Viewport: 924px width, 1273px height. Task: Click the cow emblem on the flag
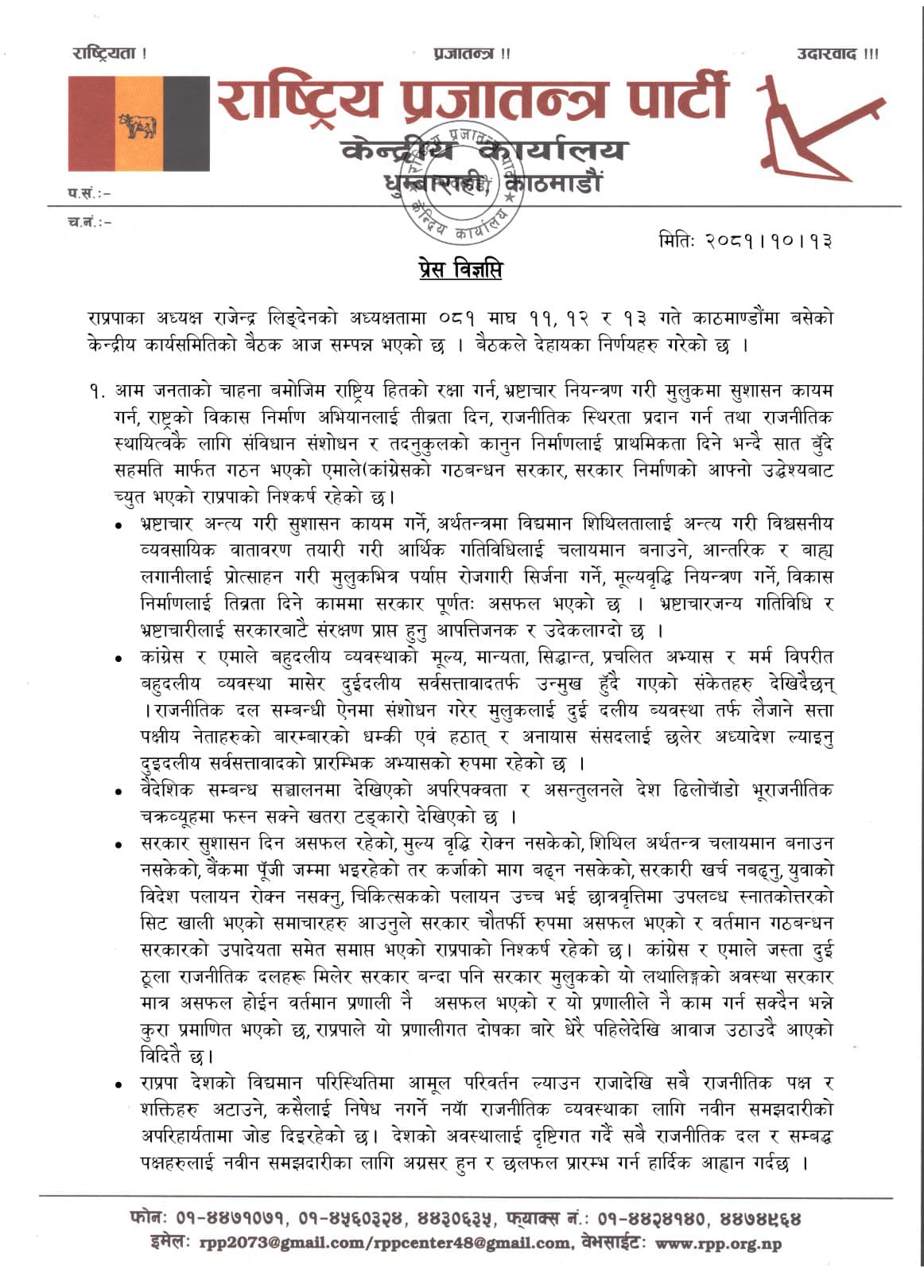138,126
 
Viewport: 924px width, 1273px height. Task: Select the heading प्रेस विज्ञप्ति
460,270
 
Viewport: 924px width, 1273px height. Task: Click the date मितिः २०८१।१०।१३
745,239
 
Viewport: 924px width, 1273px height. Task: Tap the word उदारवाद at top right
828,54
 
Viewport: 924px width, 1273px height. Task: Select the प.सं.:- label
89,193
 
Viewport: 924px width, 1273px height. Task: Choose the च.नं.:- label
89,222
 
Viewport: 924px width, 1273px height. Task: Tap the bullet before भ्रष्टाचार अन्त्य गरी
118,527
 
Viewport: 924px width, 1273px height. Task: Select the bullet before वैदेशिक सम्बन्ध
118,792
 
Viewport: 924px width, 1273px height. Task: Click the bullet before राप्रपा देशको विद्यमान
118,1084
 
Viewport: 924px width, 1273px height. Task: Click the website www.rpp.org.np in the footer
717,1244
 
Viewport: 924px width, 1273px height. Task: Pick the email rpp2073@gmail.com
264,1244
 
